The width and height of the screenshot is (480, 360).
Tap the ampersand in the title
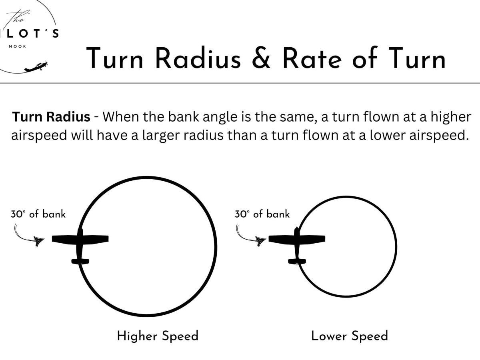coord(260,59)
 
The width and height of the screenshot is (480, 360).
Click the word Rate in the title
coord(312,59)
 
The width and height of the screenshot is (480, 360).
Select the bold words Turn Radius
coord(51,117)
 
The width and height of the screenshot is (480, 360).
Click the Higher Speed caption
coord(158,336)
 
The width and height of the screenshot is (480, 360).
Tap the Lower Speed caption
coord(350,336)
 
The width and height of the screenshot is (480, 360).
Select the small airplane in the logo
coord(36,67)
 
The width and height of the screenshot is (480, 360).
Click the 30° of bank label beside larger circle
coord(38,214)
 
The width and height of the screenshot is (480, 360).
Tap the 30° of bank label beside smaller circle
coord(262,214)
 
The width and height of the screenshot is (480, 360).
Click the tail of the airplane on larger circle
coord(80,261)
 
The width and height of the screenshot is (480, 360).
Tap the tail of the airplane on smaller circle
coord(297,261)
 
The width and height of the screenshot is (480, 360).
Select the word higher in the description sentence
coord(452,117)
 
